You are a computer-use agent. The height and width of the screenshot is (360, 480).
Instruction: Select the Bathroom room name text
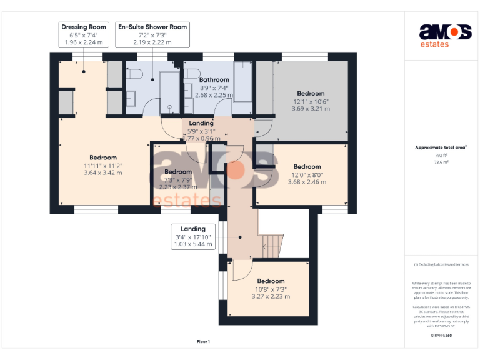214,80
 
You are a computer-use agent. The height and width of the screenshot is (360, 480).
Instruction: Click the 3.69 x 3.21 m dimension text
311,109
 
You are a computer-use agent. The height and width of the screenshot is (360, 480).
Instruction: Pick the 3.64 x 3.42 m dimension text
103,173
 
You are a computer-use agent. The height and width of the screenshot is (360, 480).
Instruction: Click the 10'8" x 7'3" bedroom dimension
271,289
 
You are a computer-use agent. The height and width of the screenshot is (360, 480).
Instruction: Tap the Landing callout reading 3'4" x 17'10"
193,237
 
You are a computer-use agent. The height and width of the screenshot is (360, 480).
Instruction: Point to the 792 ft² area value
441,155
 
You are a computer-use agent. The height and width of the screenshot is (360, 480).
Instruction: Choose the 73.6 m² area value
441,162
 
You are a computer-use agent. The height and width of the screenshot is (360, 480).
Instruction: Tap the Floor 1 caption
203,342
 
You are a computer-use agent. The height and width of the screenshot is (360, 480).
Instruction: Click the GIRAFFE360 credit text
441,336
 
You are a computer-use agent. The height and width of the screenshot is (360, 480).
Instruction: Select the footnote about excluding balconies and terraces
441,264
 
